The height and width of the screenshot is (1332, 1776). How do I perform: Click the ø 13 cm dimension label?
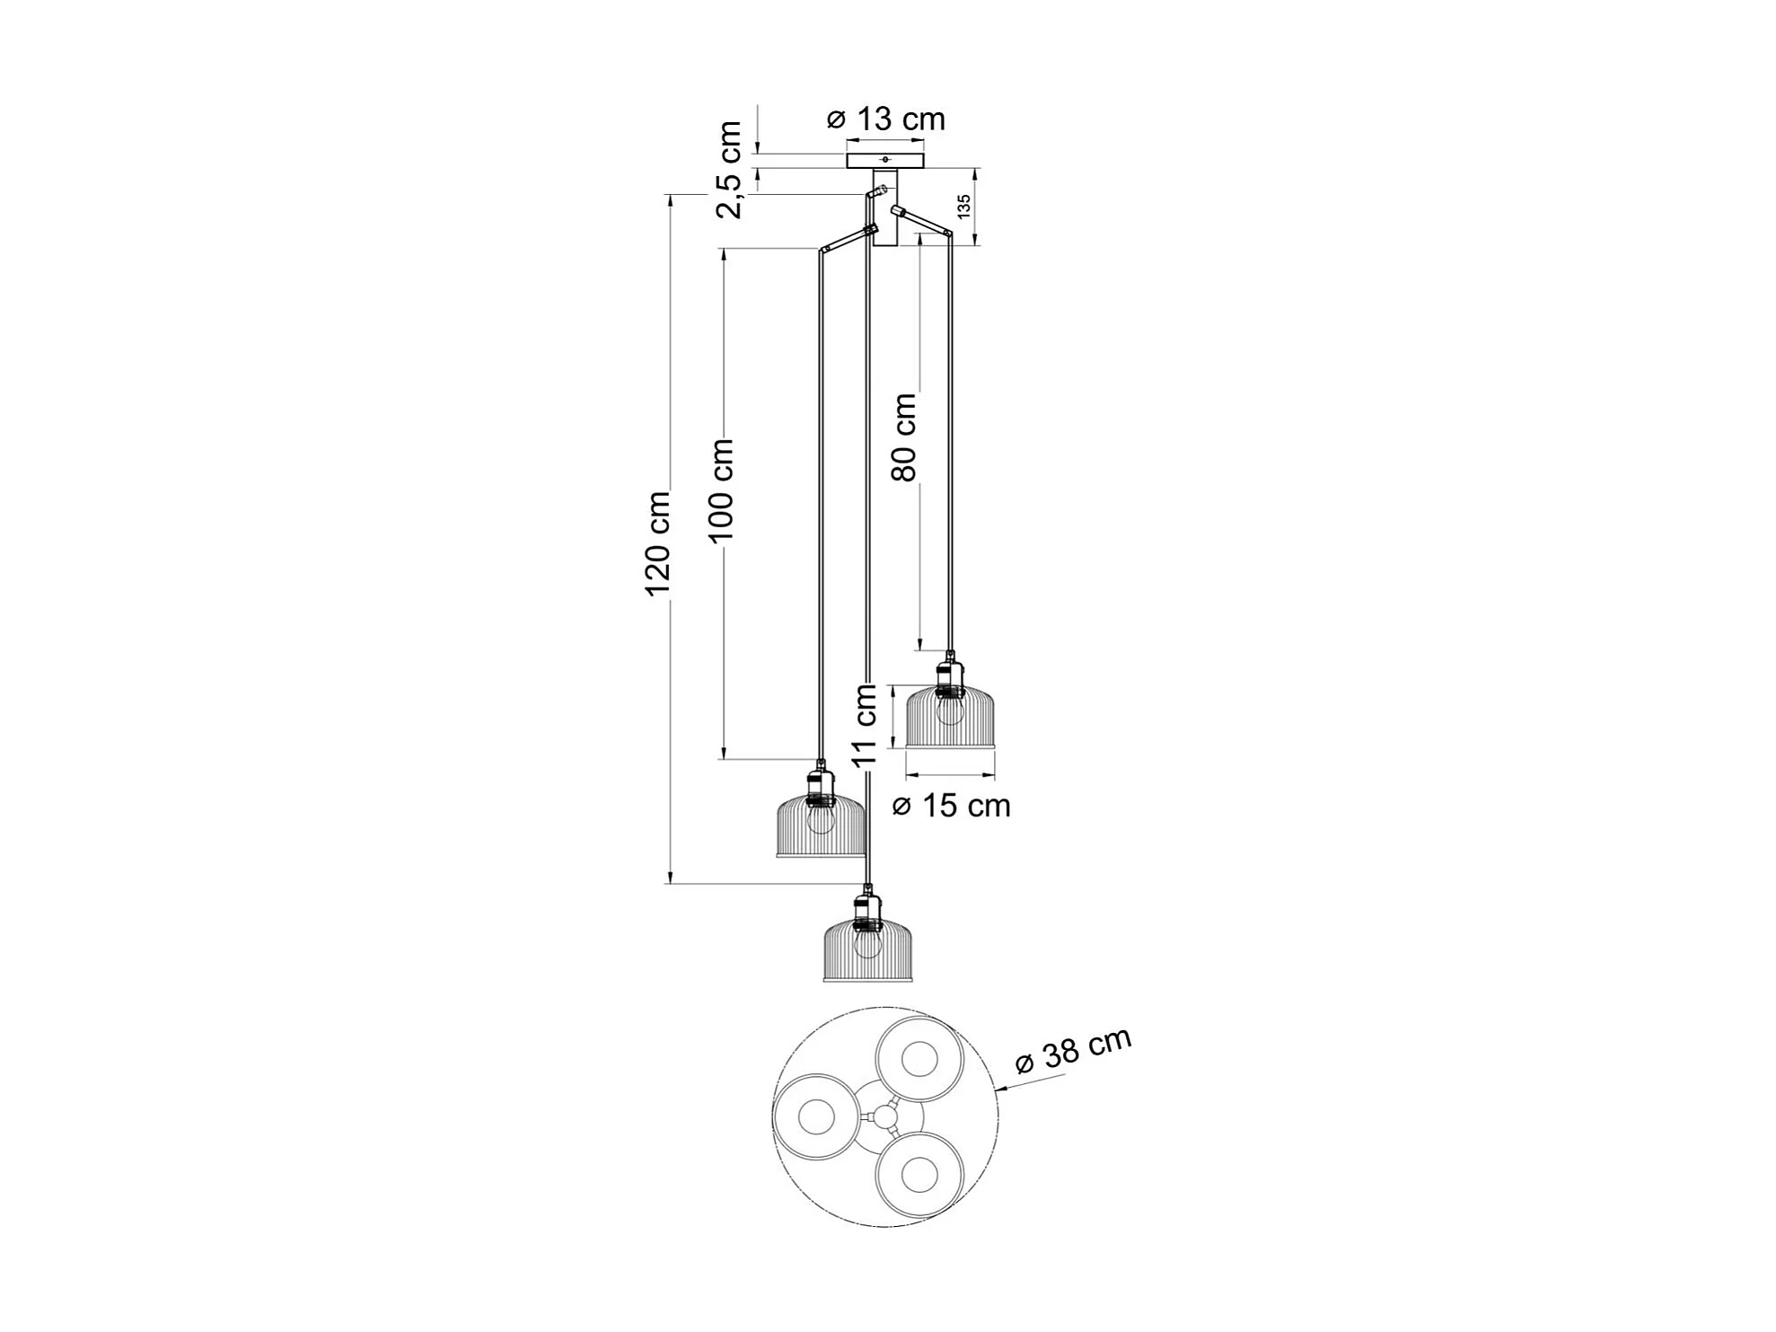pyautogui.click(x=885, y=119)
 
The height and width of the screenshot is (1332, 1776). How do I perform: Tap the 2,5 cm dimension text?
pyautogui.click(x=729, y=170)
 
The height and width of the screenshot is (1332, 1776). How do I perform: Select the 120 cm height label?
pyautogui.click(x=658, y=543)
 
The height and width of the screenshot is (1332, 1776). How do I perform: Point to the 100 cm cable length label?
pyautogui.click(x=721, y=490)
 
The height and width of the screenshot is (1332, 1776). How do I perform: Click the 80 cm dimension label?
pyautogui.click(x=904, y=437)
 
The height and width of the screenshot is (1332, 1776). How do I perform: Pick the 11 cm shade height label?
pyautogui.click(x=865, y=726)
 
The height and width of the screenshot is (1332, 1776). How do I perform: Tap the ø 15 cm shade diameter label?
pyautogui.click(x=952, y=806)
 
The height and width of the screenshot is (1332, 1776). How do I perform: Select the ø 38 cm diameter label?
pyautogui.click(x=1074, y=1050)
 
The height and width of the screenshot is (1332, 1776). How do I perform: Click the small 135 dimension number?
pyautogui.click(x=963, y=207)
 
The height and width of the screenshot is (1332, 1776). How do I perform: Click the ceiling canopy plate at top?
pyautogui.click(x=885, y=161)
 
